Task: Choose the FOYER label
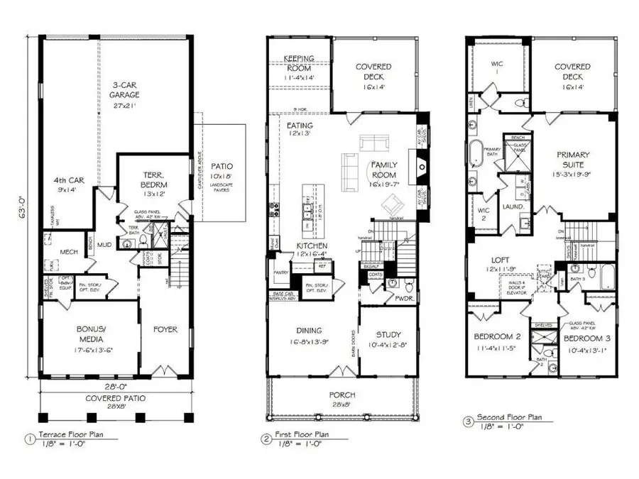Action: click(165, 329)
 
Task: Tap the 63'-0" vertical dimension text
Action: click(25, 210)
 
